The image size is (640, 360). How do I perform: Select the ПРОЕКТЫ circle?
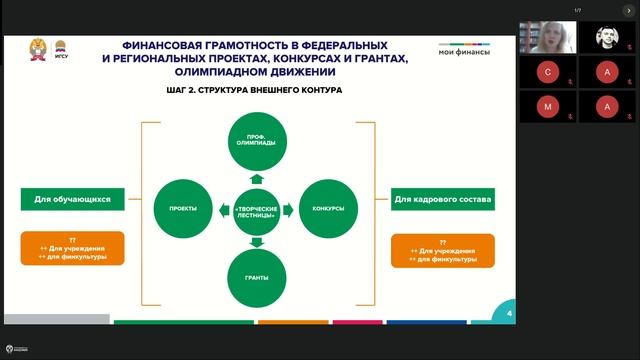(183, 209)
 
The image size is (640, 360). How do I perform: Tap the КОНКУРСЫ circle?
(328, 209)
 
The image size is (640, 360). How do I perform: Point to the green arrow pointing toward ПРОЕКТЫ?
(221, 209)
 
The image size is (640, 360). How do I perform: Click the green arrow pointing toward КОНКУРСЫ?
(291, 209)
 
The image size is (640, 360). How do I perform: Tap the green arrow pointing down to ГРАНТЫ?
(256, 241)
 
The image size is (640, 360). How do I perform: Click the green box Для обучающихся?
(72, 200)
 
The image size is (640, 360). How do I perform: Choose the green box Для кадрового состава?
(442, 200)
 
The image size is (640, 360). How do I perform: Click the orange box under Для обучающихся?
(72, 247)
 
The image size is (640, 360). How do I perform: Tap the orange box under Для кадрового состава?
(442, 251)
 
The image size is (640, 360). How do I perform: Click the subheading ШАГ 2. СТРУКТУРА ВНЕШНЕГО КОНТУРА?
(255, 89)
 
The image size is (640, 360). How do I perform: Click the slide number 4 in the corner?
(510, 314)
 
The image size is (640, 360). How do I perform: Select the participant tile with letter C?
(547, 72)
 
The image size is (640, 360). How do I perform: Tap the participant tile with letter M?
(547, 106)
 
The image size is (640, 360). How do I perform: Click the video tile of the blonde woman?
(547, 38)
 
